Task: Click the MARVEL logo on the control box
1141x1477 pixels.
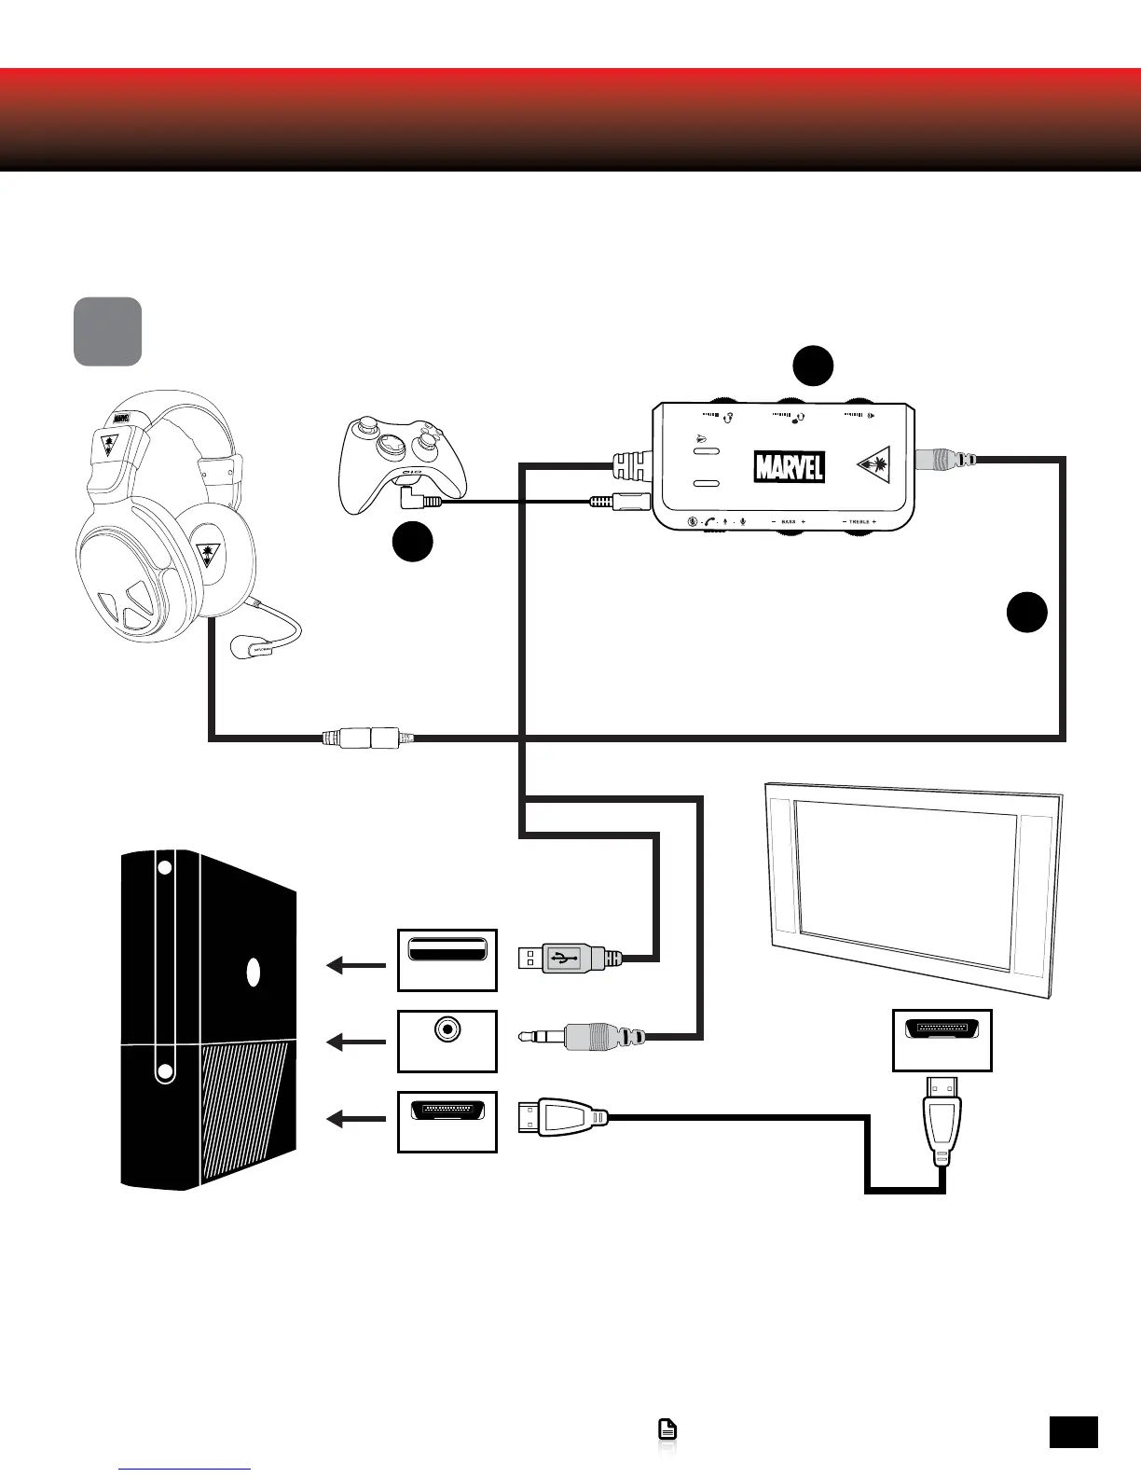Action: (x=789, y=465)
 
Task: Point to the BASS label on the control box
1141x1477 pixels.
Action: (x=789, y=522)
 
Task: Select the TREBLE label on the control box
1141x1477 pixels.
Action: (x=859, y=522)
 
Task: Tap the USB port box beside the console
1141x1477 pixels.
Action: (x=447, y=959)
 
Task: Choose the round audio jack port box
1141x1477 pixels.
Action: (x=447, y=1040)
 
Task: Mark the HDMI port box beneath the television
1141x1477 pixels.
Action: (x=942, y=1040)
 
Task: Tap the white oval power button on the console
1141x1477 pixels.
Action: (x=253, y=973)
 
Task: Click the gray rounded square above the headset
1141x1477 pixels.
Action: (x=108, y=331)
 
